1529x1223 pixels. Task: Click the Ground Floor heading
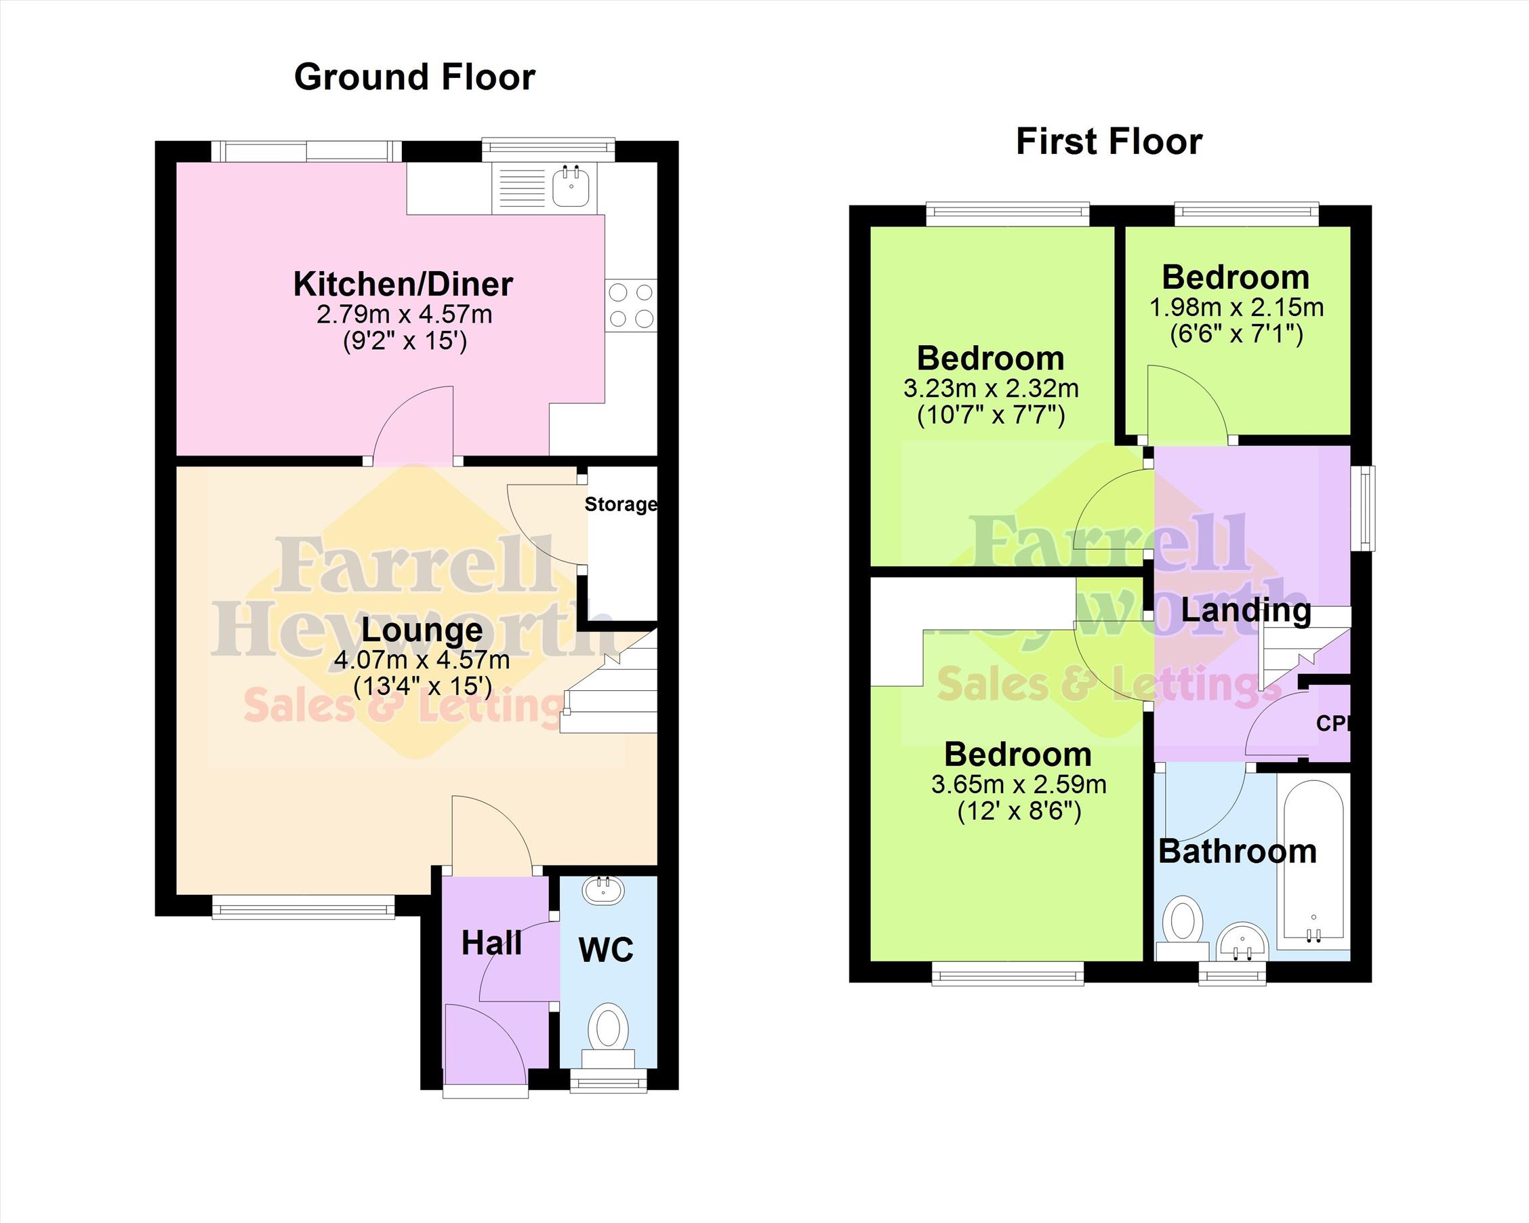pyautogui.click(x=414, y=77)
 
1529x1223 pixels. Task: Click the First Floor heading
pyautogui.click(x=1109, y=142)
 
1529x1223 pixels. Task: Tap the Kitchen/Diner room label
pyautogui.click(x=403, y=285)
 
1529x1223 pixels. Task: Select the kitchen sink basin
pyautogui.click(x=571, y=185)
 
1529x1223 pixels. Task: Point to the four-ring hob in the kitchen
pyautogui.click(x=631, y=305)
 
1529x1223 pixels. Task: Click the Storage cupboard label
pyautogui.click(x=621, y=504)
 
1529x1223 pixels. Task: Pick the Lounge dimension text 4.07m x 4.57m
pyautogui.click(x=422, y=660)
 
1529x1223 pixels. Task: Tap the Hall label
pyautogui.click(x=491, y=944)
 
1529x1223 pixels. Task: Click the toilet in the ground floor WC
pyautogui.click(x=608, y=1035)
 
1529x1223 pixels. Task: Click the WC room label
pyautogui.click(x=607, y=950)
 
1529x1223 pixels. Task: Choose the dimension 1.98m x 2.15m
pyautogui.click(x=1236, y=307)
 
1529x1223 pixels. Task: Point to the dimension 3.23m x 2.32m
pyautogui.click(x=991, y=388)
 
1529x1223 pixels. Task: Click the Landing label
pyautogui.click(x=1246, y=610)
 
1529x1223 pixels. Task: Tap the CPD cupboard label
pyautogui.click(x=1332, y=723)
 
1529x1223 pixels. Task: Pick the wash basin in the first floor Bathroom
pyautogui.click(x=1242, y=943)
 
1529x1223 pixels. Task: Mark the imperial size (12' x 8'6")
pyautogui.click(x=1019, y=811)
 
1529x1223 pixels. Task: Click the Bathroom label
pyautogui.click(x=1238, y=851)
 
